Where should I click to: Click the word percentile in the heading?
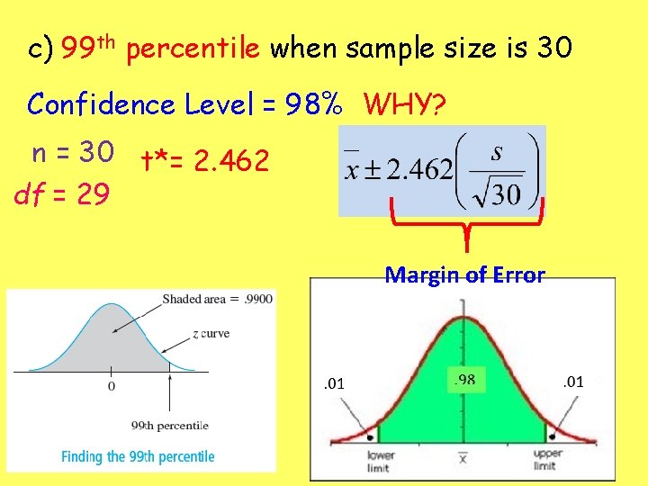click(193, 50)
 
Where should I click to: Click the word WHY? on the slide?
click(403, 105)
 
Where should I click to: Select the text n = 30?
click(72, 153)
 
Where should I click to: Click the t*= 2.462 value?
click(204, 162)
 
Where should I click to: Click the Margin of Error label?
click(464, 275)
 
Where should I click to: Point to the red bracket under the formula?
click(466, 225)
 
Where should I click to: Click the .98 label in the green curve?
click(465, 382)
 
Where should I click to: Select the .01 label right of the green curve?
click(573, 382)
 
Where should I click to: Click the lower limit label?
click(381, 460)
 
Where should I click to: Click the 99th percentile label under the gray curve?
click(170, 425)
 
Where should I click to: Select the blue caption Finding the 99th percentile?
click(138, 456)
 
